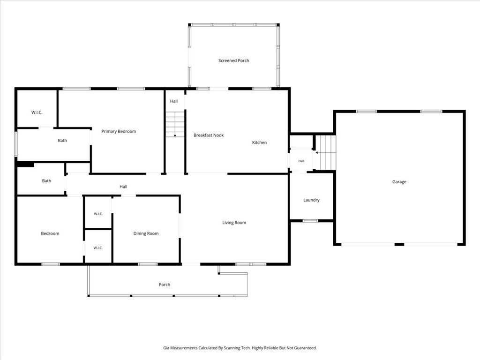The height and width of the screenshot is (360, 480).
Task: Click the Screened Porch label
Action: click(233, 60)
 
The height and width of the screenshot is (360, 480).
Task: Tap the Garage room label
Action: click(399, 182)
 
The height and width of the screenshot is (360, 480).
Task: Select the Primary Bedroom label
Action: click(119, 131)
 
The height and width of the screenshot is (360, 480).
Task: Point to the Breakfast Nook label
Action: click(209, 135)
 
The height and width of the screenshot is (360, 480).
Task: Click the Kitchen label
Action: click(259, 142)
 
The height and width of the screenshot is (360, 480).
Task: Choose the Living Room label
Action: click(234, 223)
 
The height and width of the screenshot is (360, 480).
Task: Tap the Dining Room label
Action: click(146, 233)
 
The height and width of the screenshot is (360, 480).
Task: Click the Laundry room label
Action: click(311, 200)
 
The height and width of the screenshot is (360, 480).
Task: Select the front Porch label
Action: click(165, 285)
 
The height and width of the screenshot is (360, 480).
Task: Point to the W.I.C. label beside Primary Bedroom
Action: click(37, 112)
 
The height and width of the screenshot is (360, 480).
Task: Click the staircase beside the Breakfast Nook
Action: click(175, 124)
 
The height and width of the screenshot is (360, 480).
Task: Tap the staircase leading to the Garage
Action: click(326, 152)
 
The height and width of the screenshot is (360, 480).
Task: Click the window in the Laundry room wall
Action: click(310, 221)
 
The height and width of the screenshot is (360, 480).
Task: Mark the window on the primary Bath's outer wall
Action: click(16, 144)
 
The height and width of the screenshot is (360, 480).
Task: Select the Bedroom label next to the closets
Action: click(50, 233)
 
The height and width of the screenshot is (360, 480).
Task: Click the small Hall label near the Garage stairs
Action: click(301, 161)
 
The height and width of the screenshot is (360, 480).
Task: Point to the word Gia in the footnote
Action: click(166, 348)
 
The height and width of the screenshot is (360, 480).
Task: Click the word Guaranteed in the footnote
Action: click(306, 348)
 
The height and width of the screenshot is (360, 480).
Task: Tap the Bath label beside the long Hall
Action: click(46, 180)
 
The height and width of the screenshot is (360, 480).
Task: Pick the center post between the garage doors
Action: click(399, 244)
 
